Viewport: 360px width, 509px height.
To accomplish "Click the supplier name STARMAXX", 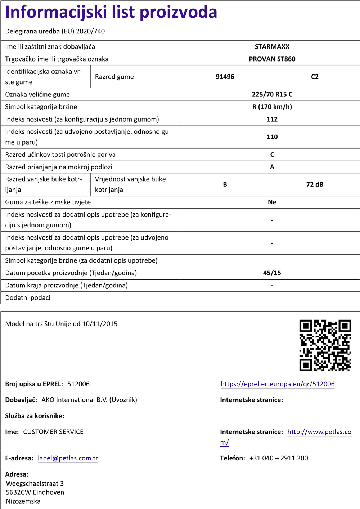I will tap(272, 47).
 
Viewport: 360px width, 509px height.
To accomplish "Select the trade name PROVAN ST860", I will tap(272, 59).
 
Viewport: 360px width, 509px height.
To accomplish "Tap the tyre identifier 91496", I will tap(225, 77).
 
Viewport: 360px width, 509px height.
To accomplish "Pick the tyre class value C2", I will tap(315, 77).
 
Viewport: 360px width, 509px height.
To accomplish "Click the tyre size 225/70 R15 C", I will tap(272, 95).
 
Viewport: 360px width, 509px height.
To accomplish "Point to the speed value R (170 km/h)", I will tap(272, 107).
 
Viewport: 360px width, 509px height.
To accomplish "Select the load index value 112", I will tap(272, 119).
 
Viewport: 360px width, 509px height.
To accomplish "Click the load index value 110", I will tap(272, 137).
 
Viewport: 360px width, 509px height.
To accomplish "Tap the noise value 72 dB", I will tap(315, 185).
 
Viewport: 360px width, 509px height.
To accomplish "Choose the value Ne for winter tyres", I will tap(272, 202).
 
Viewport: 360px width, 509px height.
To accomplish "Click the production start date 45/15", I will tap(272, 273).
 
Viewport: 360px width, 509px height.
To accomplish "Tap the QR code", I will tap(325, 345).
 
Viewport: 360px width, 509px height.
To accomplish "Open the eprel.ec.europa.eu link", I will tap(278, 384).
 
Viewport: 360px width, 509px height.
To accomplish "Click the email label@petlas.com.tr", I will tap(68, 458).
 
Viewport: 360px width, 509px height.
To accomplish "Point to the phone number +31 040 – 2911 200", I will tap(279, 458).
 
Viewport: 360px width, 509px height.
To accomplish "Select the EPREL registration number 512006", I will tap(78, 384).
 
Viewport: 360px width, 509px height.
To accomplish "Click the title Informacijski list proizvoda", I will tap(111, 12).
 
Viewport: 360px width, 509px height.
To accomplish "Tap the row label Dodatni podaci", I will tap(28, 298).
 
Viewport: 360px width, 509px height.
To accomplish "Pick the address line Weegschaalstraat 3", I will tap(35, 483).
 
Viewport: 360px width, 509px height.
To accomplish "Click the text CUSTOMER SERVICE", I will tap(53, 432).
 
